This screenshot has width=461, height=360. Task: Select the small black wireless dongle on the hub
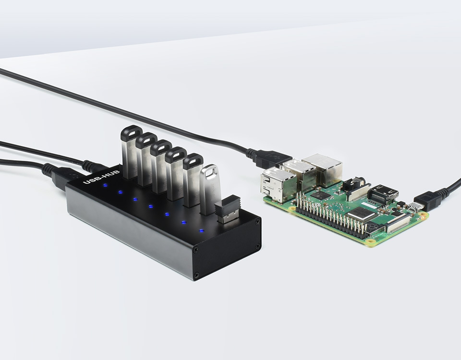pyautogui.click(x=227, y=210)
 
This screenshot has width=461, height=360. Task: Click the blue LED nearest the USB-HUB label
pyautogui.click(x=105, y=184)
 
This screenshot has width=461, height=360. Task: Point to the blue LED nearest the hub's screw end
pyautogui.click(x=201, y=231)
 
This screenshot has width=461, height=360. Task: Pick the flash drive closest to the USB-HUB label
pyautogui.click(x=131, y=152)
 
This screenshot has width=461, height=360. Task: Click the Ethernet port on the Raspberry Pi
pyautogui.click(x=322, y=168)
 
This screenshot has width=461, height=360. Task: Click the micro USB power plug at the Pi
pyautogui.click(x=425, y=201)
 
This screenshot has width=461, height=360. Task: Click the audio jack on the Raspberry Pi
pyautogui.click(x=356, y=185)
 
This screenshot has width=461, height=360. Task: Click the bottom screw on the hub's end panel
pyautogui.click(x=196, y=275)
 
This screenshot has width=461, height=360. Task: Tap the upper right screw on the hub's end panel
pyautogui.click(x=258, y=222)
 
